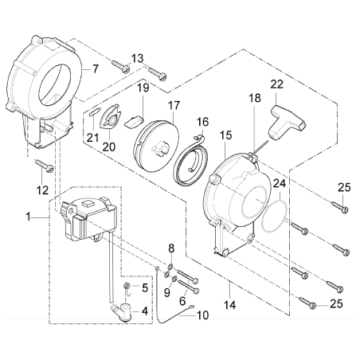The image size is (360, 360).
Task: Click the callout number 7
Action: [96, 69]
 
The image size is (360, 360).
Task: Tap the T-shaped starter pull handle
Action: [278, 119]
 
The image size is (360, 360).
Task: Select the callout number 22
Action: [276, 85]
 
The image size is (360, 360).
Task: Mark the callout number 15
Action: [226, 135]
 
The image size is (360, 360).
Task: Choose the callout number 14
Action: [230, 303]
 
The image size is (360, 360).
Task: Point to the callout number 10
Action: [202, 315]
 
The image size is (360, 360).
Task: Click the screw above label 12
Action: [43, 167]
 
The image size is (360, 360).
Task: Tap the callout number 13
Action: [138, 58]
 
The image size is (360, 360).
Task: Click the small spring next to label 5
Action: [124, 285]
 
